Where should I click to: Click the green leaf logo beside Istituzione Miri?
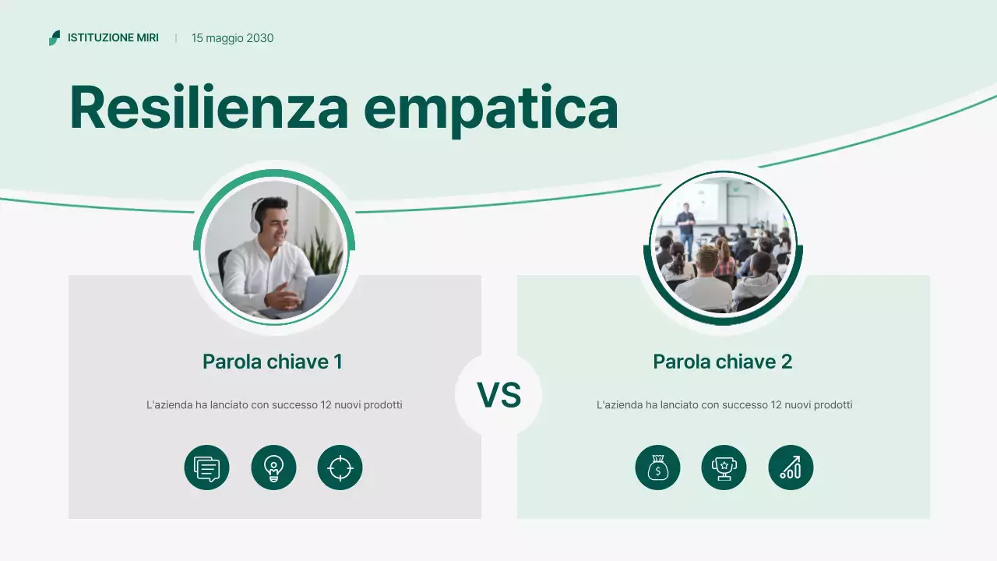click(55, 38)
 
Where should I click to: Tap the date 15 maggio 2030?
click(232, 38)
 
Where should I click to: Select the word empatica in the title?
click(491, 108)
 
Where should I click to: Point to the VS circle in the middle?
click(498, 395)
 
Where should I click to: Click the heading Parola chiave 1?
click(273, 362)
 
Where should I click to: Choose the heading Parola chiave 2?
click(723, 362)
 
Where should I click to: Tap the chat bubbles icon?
click(206, 468)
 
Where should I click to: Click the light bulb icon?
click(273, 468)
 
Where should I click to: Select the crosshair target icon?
click(340, 468)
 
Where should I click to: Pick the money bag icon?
click(657, 468)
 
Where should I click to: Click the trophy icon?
click(724, 468)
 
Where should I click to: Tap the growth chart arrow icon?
click(791, 468)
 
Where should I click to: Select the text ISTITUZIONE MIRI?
click(113, 38)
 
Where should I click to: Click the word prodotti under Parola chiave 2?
click(833, 405)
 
